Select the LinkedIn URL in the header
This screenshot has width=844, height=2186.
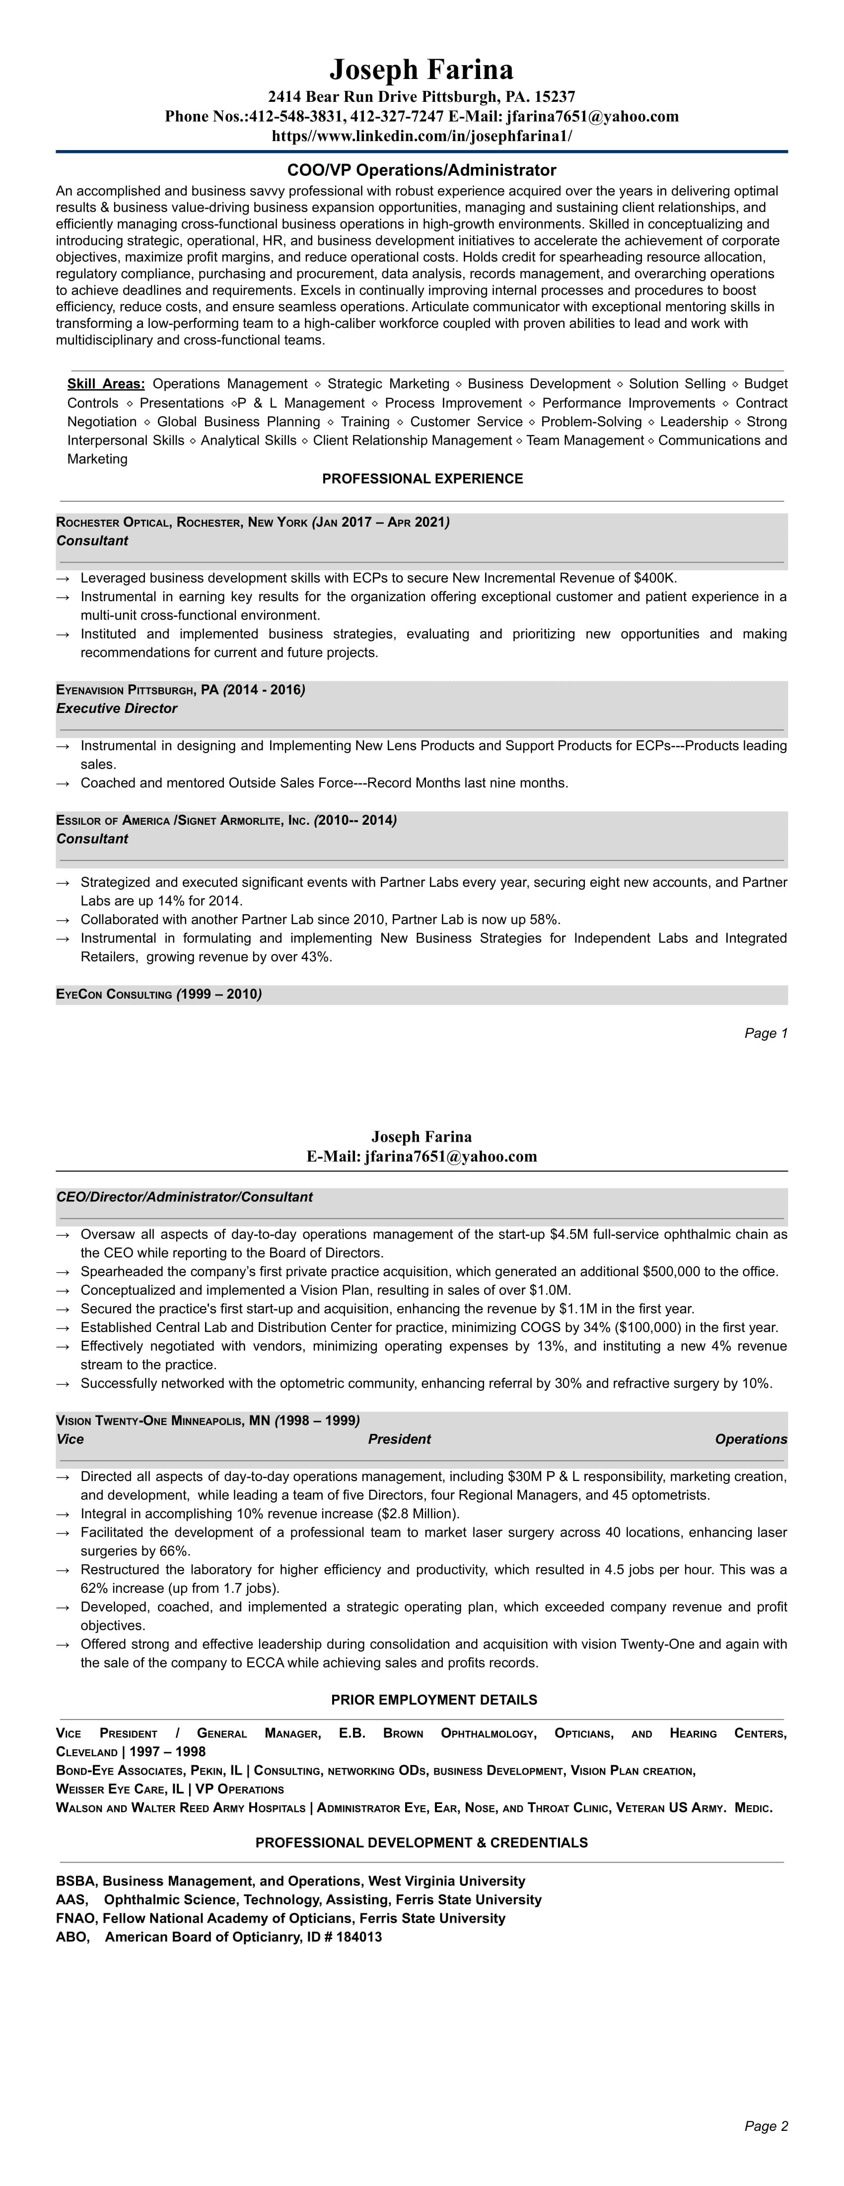click(422, 136)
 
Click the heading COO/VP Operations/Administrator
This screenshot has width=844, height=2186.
click(422, 170)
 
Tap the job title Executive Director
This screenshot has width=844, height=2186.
click(117, 708)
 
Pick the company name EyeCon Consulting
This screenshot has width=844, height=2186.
click(115, 995)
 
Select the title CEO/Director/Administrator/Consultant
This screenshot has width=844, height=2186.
click(184, 1197)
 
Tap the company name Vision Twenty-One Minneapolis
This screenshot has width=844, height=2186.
click(151, 1420)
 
